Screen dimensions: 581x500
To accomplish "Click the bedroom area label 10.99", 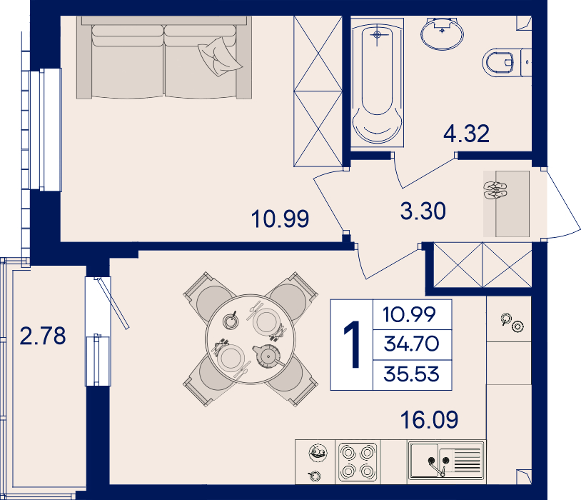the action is (x=280, y=219).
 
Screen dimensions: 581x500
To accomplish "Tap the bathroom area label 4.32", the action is (x=467, y=134).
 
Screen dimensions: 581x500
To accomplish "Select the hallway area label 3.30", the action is (x=423, y=211).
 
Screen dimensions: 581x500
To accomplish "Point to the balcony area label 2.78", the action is (x=43, y=336).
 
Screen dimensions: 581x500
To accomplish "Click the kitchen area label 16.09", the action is (x=430, y=419).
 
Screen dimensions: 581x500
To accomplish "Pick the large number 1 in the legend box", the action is (x=352, y=344).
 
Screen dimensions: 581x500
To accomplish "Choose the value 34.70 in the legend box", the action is (x=411, y=344).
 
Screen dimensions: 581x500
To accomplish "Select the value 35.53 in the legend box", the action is (x=411, y=374).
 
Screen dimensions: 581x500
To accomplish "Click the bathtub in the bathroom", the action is (x=377, y=82).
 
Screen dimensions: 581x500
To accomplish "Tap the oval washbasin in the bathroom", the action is (x=442, y=34).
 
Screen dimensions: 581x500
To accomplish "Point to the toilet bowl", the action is (x=498, y=63).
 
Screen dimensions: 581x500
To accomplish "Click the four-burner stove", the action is (x=358, y=462).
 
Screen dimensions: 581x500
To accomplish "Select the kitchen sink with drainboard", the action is (x=446, y=460).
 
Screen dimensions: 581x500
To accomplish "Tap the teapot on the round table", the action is (x=268, y=356).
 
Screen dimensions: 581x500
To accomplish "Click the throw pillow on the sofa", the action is (x=220, y=56).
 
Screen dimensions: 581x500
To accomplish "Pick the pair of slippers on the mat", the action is (x=495, y=191).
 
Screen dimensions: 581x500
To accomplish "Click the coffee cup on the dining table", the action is (x=231, y=320).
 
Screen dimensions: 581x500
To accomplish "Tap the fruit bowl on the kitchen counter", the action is (x=318, y=453).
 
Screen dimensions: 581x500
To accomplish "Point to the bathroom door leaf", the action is (x=429, y=173).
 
